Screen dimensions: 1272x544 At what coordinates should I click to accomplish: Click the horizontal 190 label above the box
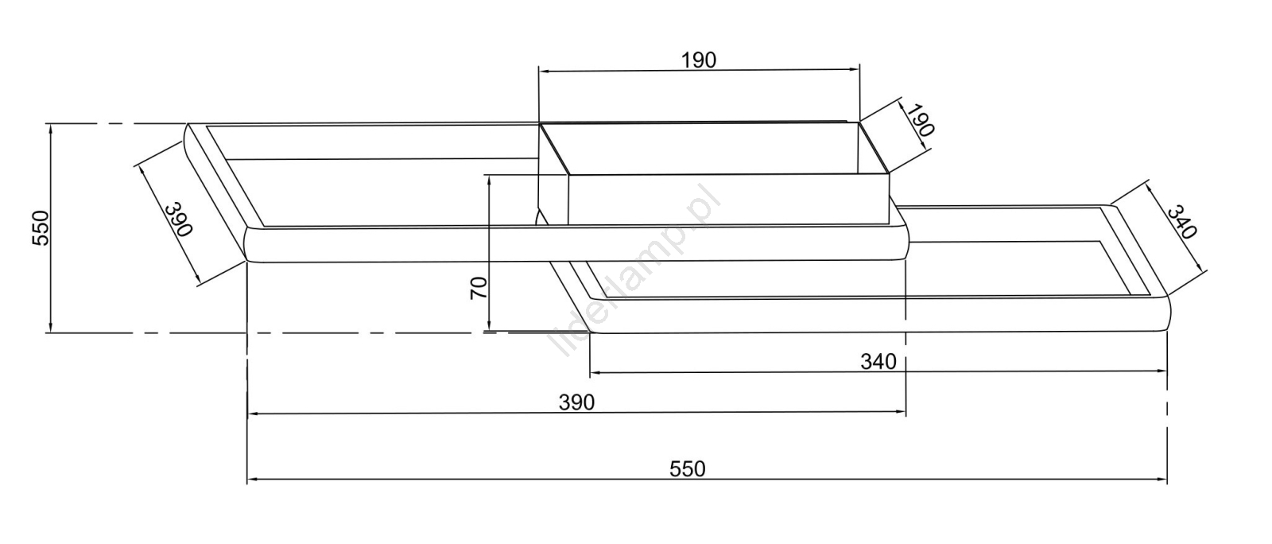pos(699,60)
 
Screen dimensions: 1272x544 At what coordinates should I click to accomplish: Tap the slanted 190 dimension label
pos(919,119)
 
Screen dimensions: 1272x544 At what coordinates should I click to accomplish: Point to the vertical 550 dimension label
pos(41,227)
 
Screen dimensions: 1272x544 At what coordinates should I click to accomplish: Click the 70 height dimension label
pos(479,288)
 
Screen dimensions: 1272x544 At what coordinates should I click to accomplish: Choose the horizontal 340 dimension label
pos(878,361)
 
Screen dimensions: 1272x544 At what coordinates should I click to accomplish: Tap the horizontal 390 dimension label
pos(577,402)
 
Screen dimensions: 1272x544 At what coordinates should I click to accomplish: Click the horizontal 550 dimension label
pos(688,469)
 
